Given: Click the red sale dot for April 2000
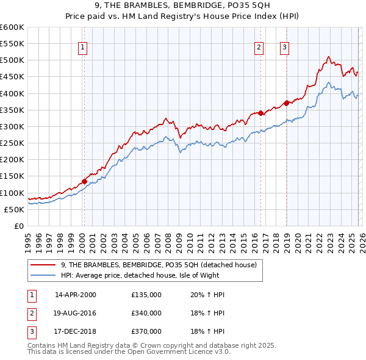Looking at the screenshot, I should [x=84, y=181].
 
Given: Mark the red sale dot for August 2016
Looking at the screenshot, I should [x=260, y=113].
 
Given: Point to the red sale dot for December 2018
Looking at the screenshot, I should [x=286, y=103].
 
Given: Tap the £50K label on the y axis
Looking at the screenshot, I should [x=14, y=209].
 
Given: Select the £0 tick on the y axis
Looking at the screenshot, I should [x=20, y=226].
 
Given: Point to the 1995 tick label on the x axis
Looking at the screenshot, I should [x=28, y=239].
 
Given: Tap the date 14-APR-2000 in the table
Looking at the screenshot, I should [x=76, y=295].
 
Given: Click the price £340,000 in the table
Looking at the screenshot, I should [x=146, y=313].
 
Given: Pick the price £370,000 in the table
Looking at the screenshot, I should [x=146, y=331].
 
